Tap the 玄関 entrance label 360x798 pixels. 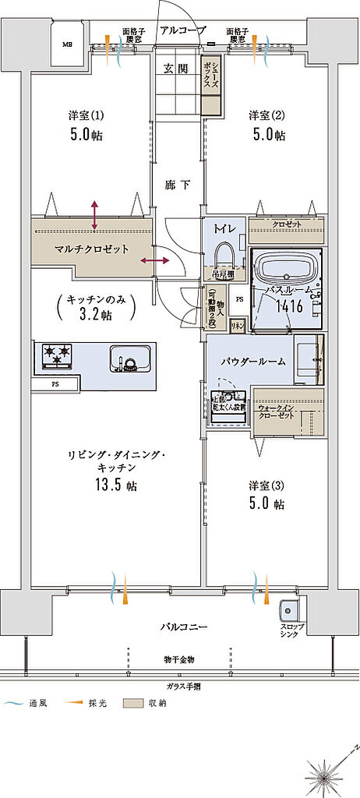click(175, 69)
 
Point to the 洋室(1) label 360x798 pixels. click(86, 115)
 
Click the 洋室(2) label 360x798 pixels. click(267, 115)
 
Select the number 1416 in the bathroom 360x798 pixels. click(286, 306)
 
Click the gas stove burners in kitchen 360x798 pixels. click(56, 357)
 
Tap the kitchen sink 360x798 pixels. click(129, 359)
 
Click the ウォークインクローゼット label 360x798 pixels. click(276, 411)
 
